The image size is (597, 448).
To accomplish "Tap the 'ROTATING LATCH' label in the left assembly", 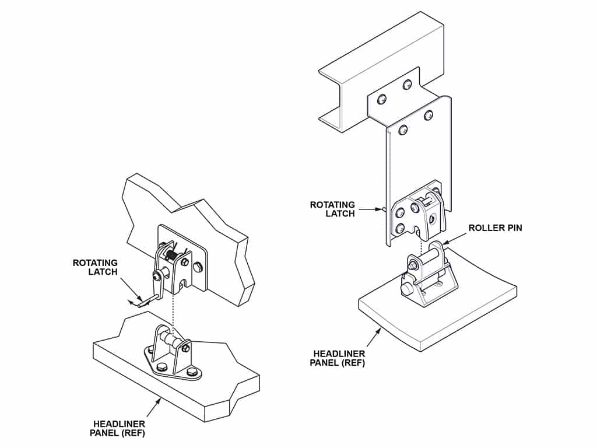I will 95,267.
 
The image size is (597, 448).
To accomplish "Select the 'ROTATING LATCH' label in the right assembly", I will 332,209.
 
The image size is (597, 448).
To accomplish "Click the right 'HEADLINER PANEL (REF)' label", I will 339,358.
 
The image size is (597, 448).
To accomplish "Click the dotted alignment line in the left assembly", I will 173,309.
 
